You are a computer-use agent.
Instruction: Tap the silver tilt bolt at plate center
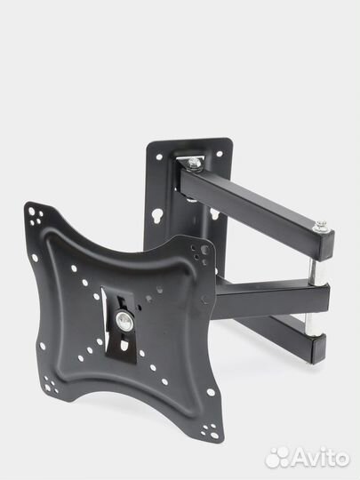[x=124, y=320]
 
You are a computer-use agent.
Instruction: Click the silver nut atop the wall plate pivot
[x=194, y=163]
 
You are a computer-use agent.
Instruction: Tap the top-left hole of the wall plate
[x=159, y=157]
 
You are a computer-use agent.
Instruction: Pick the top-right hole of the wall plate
[x=220, y=154]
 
